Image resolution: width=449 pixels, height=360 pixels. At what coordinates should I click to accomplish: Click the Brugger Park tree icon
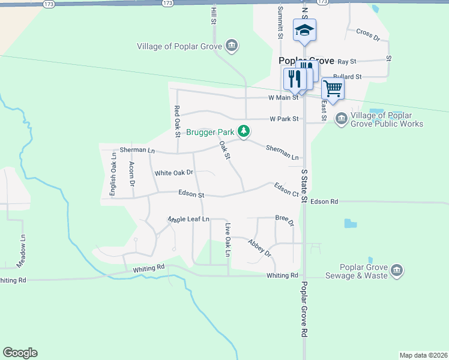coord(243,131)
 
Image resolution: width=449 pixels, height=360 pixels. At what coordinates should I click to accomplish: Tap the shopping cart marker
coord(333,89)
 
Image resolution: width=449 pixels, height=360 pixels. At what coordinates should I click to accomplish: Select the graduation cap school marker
coord(304,30)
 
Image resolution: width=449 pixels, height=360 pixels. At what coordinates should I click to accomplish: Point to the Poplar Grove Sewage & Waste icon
coord(396,271)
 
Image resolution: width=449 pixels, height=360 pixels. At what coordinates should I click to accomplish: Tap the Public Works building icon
coord(341,119)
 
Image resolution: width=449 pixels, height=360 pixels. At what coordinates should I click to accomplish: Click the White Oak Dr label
coord(174,173)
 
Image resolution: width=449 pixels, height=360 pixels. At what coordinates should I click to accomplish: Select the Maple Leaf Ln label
coord(188,220)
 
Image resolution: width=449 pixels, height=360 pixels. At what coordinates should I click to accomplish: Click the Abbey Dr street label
coord(260,248)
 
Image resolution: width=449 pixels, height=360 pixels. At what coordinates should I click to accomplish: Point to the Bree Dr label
coord(285,220)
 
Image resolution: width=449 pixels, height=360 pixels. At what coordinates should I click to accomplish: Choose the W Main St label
coord(283,98)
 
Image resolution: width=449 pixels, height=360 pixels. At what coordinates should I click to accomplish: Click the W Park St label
coord(284,119)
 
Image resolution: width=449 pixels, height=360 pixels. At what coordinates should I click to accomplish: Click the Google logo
coord(20,353)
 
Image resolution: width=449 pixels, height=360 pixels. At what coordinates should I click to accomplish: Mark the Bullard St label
coord(348,77)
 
